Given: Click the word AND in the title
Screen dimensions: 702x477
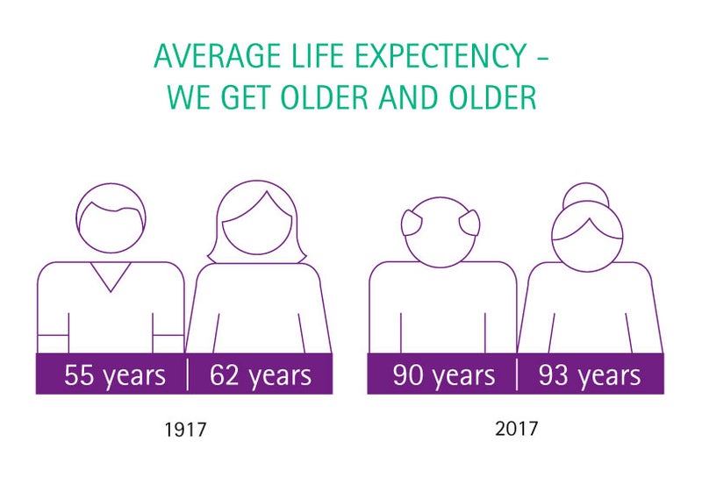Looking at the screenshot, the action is (407, 96).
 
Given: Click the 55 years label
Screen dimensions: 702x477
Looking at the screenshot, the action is (115, 375).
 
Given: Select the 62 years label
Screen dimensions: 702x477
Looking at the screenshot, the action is (260, 375).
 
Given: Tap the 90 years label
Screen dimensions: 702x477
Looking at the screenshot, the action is (444, 375).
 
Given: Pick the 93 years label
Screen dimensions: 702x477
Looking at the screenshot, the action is (590, 375).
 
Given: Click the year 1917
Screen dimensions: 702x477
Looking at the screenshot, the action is (185, 430).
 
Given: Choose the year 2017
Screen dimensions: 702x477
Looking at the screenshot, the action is (516, 429).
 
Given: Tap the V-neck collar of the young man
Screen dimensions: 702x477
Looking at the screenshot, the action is (111, 276).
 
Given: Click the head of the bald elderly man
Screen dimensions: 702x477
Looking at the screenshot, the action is (441, 232).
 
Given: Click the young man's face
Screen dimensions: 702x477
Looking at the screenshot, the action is (111, 228).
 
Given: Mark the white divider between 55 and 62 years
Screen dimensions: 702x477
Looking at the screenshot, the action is (187, 374).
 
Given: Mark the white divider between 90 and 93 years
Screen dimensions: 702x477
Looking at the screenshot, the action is (517, 374).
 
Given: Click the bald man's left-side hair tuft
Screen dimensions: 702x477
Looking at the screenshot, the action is (411, 223).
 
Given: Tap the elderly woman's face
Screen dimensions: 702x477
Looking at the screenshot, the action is (587, 246).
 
